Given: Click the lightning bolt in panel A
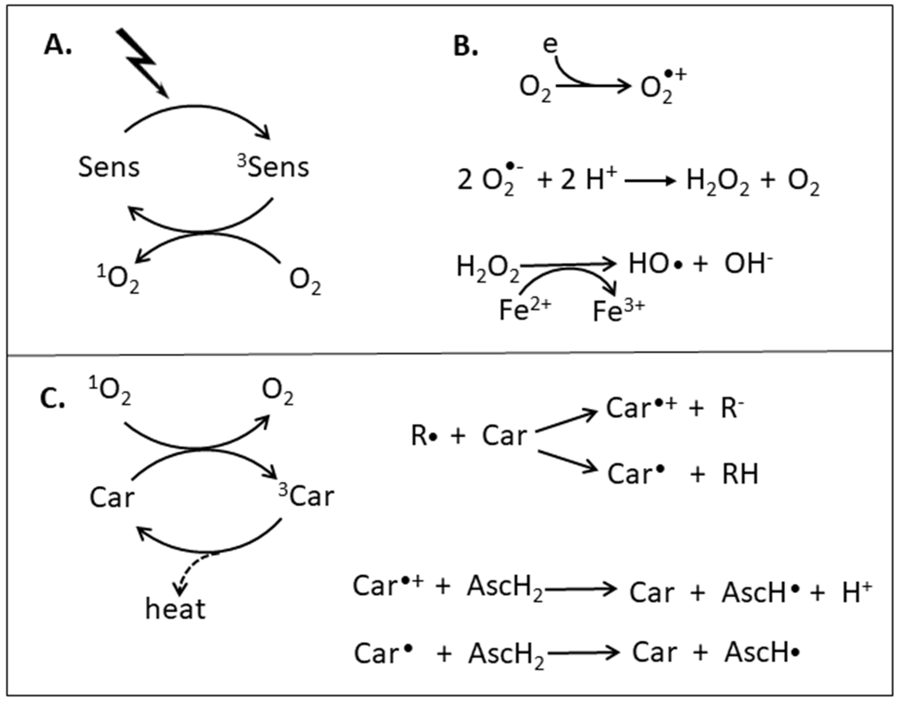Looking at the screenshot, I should (140, 62).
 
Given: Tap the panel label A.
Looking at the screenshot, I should (58, 45).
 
